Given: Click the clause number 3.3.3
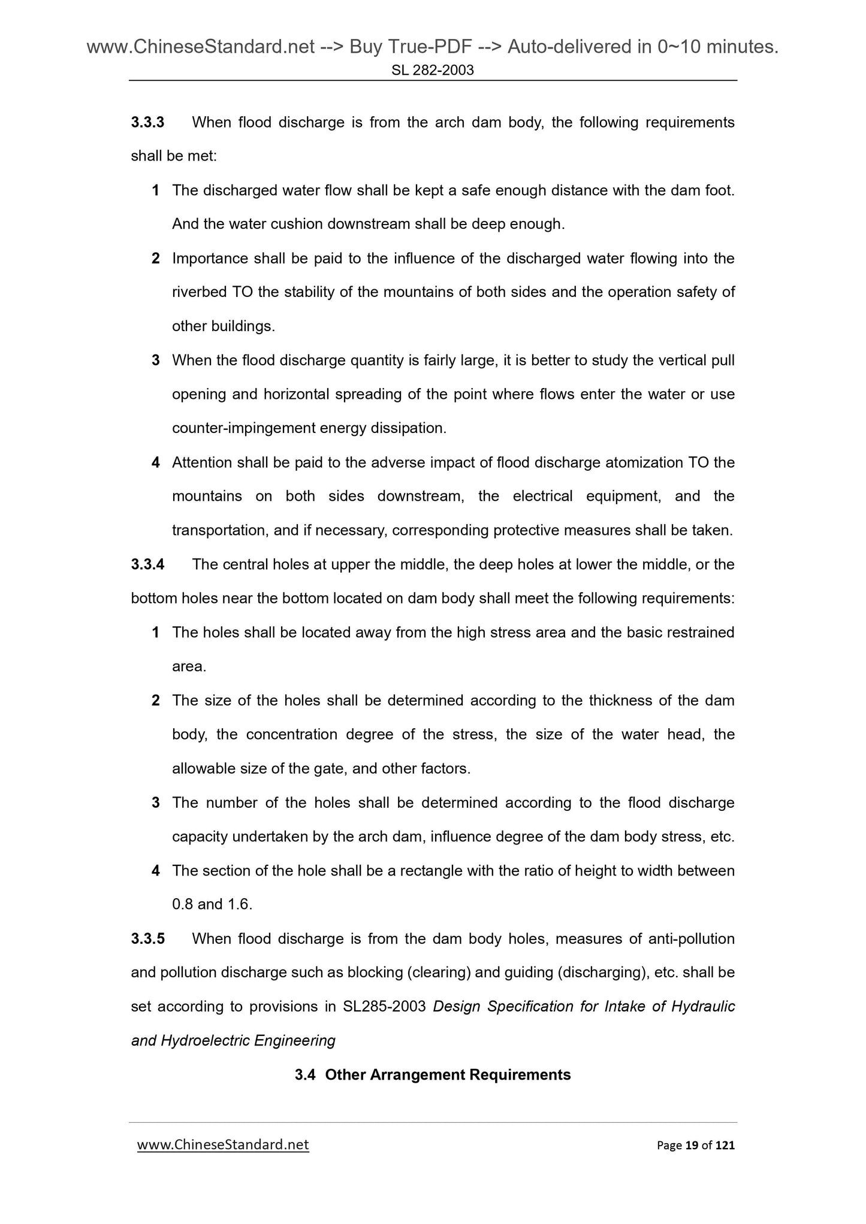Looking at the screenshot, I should [x=147, y=123].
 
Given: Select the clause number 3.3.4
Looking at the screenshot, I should [x=147, y=565].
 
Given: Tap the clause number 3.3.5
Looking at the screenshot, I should [x=147, y=938].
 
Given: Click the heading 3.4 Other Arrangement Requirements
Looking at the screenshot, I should [x=433, y=1075].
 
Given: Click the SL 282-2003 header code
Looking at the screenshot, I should [x=433, y=70].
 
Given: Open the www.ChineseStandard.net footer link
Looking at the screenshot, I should [x=223, y=1145].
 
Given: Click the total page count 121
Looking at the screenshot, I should [x=725, y=1146].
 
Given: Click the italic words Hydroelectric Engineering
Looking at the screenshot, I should [x=248, y=1041].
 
